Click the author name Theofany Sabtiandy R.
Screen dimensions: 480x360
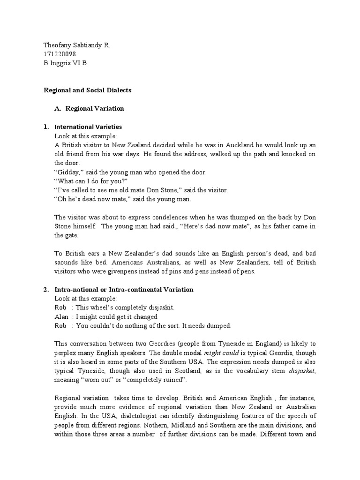point(76,45)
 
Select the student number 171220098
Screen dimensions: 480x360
point(60,54)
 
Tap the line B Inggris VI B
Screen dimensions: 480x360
point(65,63)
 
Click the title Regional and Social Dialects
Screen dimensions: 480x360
point(88,90)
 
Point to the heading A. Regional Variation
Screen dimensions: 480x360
point(89,108)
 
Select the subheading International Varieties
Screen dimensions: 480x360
point(88,127)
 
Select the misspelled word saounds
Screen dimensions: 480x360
point(67,262)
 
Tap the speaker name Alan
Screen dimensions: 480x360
point(61,316)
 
